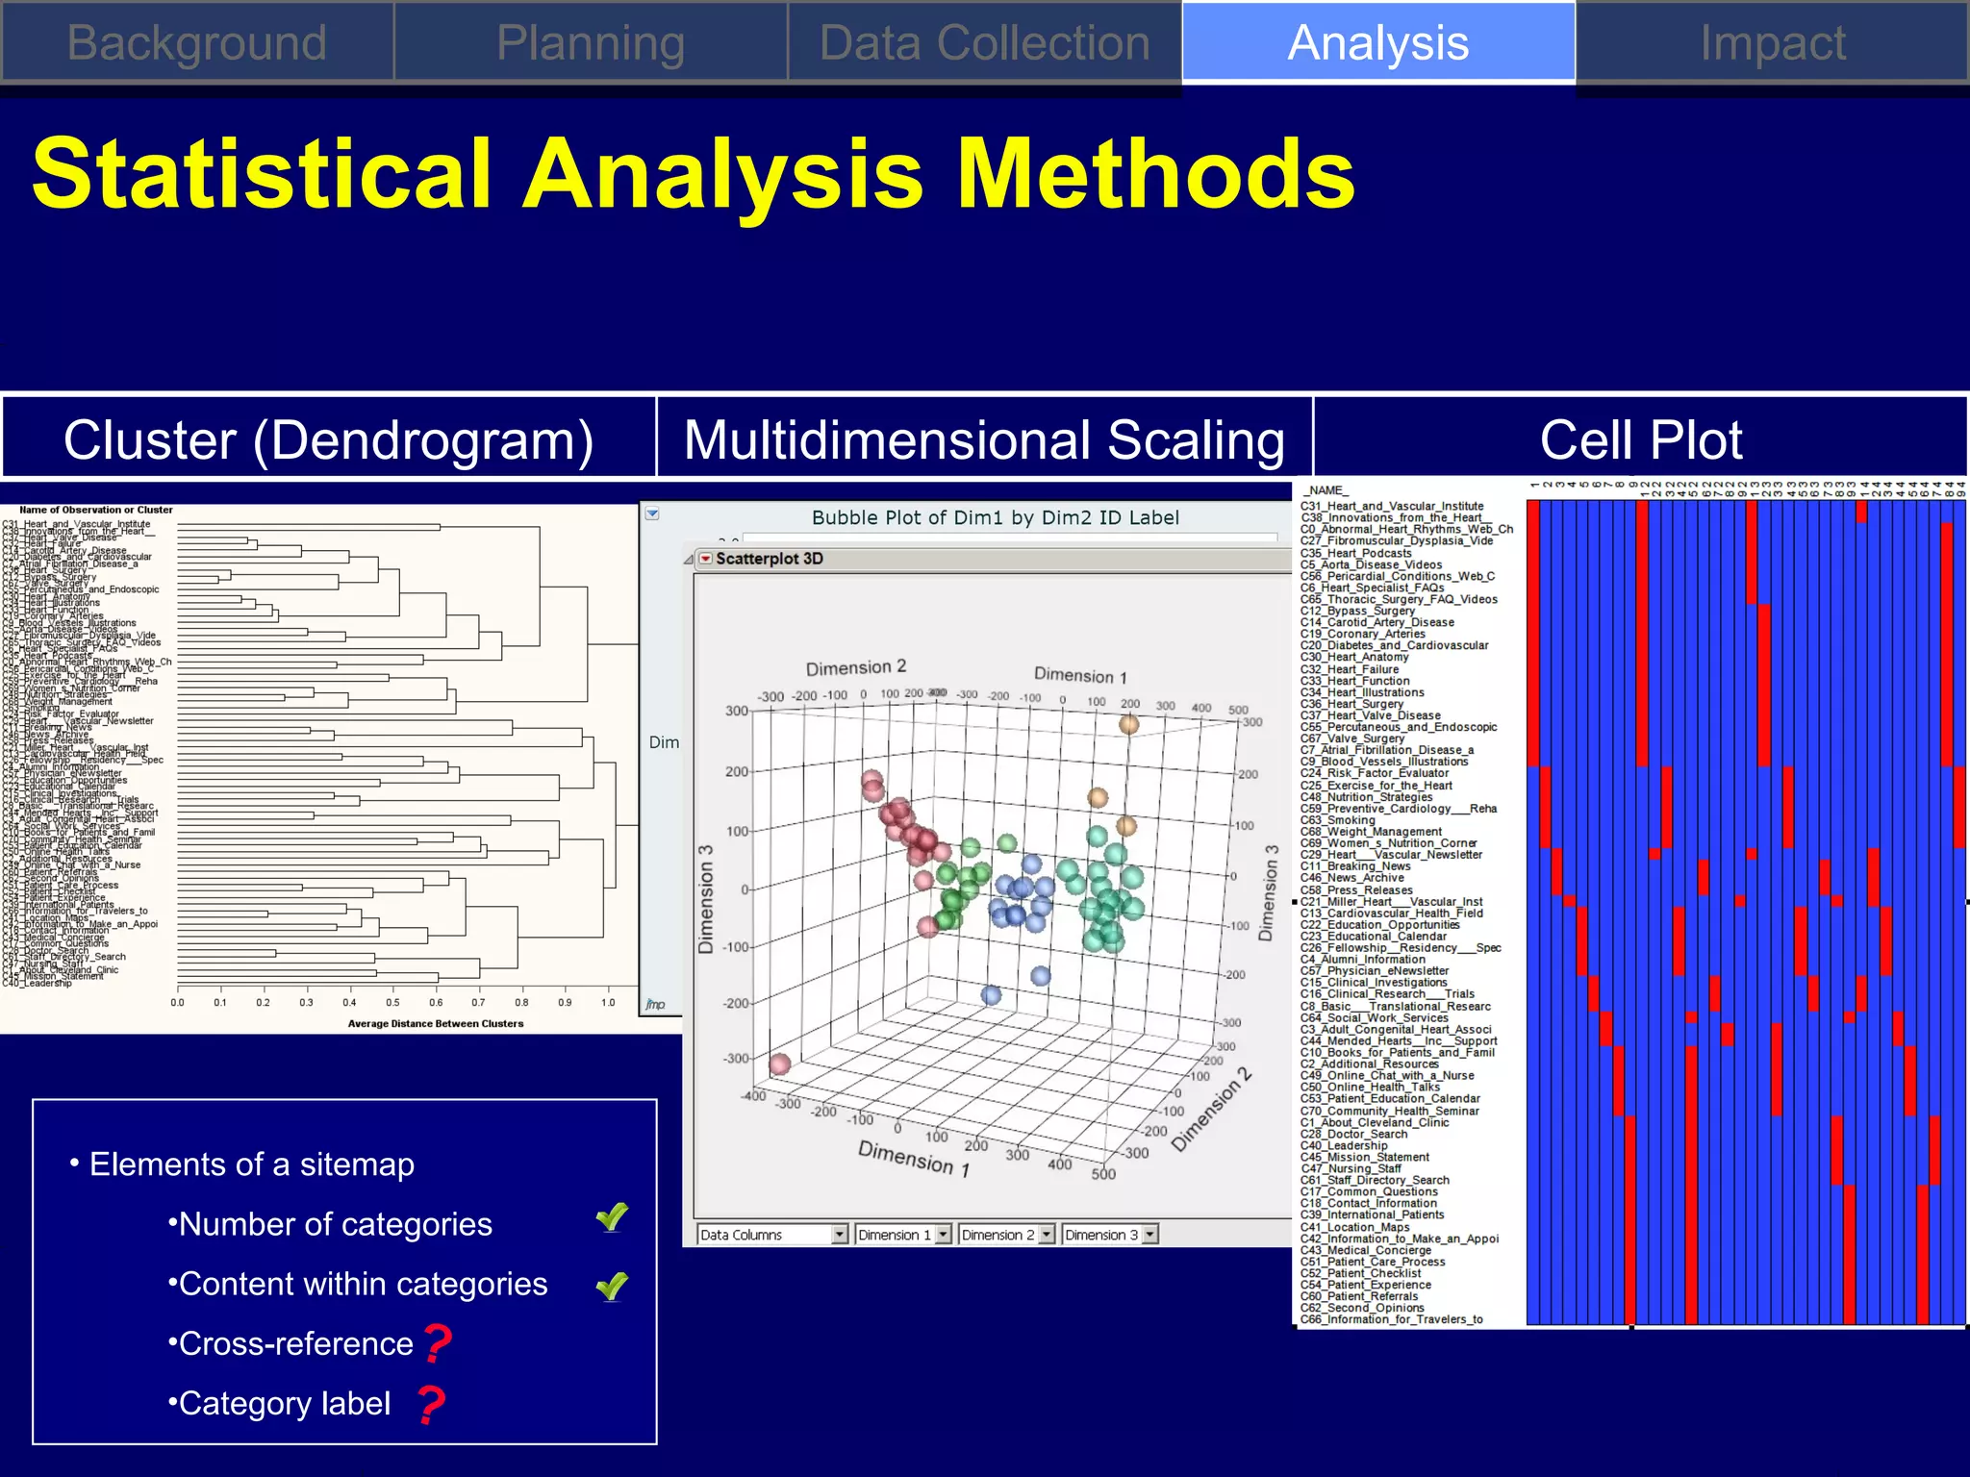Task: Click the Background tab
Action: click(x=196, y=43)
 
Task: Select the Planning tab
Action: click(x=591, y=43)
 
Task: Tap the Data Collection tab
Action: click(x=984, y=43)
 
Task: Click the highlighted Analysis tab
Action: click(x=1377, y=43)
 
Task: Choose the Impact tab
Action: click(x=1772, y=43)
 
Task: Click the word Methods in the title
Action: click(x=1156, y=174)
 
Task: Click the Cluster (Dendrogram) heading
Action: click(x=328, y=439)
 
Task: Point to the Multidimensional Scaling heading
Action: click(x=984, y=439)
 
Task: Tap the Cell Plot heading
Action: click(x=1640, y=439)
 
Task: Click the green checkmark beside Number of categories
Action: click(x=612, y=1218)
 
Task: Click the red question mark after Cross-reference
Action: click(x=438, y=1343)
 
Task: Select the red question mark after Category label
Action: click(x=432, y=1404)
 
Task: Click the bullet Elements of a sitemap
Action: click(x=251, y=1164)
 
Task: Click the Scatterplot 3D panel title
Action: click(x=769, y=559)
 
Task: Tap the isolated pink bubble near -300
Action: click(x=780, y=1064)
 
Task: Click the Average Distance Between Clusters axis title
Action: click(x=435, y=1024)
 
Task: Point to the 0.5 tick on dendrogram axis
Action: click(x=392, y=1003)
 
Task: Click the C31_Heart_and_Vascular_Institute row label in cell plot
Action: click(x=1391, y=506)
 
